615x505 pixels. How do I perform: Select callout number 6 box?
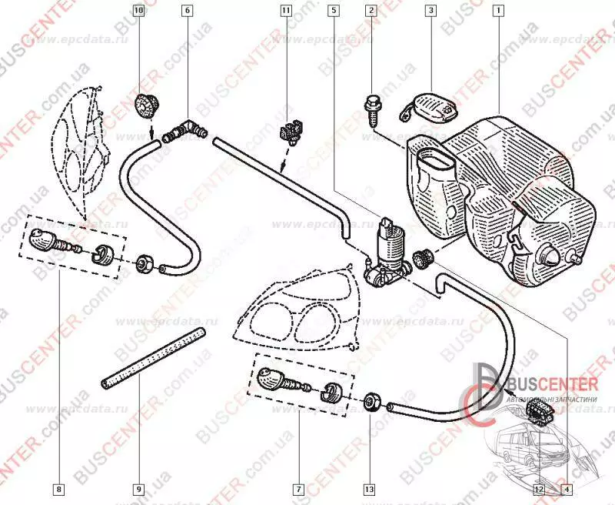188,12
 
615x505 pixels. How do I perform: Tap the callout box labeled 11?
286,12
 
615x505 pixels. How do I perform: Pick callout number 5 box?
334,12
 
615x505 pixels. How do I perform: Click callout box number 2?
372,12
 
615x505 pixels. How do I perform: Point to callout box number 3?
430,12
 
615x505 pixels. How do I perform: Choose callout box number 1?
499,12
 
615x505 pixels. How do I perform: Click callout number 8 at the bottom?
58,488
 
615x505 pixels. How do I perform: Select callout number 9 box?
138,488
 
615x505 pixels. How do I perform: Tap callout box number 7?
297,488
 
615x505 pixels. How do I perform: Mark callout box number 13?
370,488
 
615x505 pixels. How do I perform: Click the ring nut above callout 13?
371,401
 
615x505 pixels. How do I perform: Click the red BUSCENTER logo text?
550,383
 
